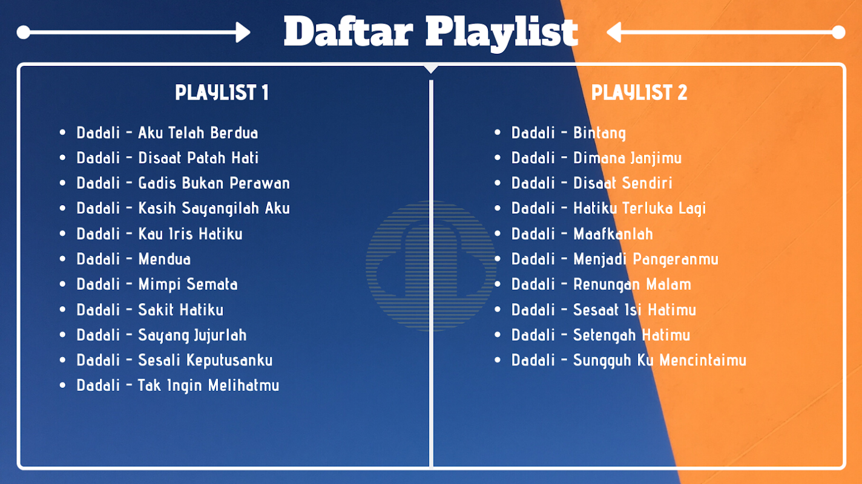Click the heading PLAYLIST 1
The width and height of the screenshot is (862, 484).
(x=222, y=93)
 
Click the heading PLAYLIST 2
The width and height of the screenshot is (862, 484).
(x=639, y=93)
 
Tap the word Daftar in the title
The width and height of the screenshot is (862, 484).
(x=348, y=31)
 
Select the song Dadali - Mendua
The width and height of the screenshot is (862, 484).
(x=134, y=259)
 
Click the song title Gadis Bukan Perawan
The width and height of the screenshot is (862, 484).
(x=214, y=183)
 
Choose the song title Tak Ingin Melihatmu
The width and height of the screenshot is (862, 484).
(x=209, y=386)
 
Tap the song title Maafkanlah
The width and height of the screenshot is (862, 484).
(x=613, y=234)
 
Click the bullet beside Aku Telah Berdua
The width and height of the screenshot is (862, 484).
(x=63, y=132)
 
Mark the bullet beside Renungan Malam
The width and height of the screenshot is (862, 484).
(x=498, y=284)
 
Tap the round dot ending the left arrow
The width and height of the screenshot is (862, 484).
(x=24, y=32)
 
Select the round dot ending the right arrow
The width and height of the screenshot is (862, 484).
(x=838, y=32)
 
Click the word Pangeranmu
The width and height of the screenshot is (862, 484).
(x=676, y=260)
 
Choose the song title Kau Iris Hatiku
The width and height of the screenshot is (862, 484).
(x=191, y=234)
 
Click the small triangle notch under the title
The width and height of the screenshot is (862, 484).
(x=431, y=69)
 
